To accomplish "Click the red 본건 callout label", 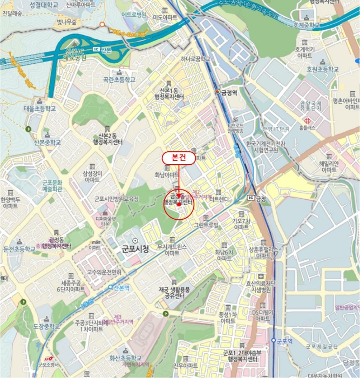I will tap(179, 157).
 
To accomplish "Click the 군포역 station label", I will tap(284, 341).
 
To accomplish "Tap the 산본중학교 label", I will tap(49, 143).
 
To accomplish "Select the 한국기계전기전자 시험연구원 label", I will tap(265, 147).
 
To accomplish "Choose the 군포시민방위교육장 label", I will tap(117, 199).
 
